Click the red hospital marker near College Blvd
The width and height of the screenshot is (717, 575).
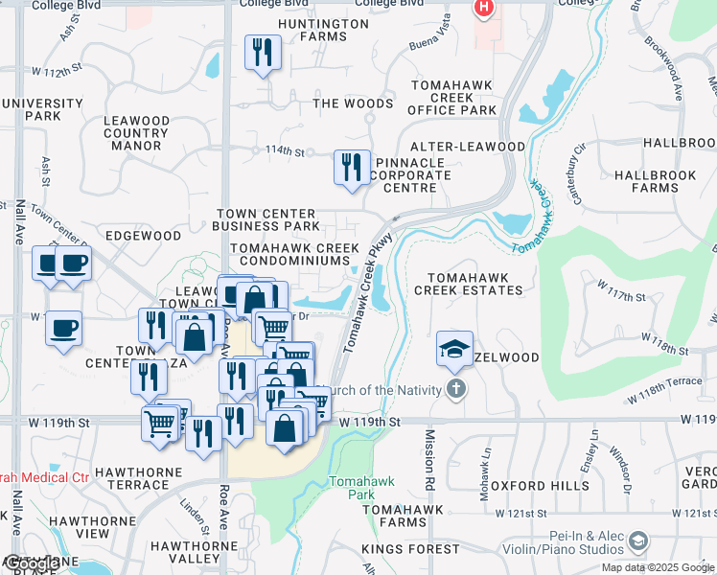point(484,9)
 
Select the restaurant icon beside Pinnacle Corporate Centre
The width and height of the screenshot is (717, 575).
point(351,167)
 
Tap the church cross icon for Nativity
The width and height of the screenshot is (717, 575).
point(456,389)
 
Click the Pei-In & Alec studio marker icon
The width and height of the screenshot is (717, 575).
point(637,543)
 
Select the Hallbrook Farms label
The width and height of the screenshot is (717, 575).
point(659,182)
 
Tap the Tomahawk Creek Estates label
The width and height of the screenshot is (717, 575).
point(468,283)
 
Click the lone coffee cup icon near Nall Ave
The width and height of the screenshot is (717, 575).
point(64,330)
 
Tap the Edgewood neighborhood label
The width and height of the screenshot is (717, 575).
point(143,235)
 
